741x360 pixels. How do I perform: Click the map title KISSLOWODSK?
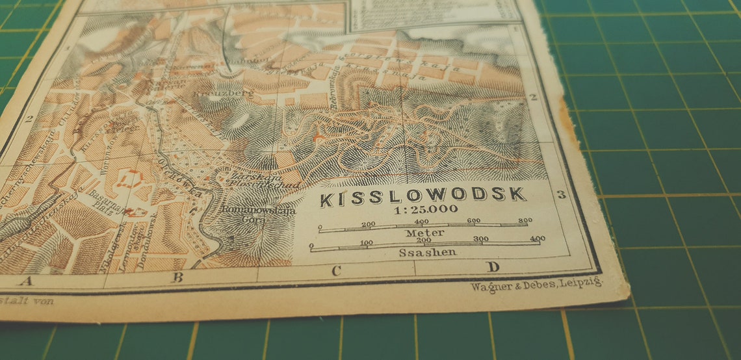[x=422, y=196]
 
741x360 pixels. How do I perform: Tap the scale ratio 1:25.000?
[x=424, y=209]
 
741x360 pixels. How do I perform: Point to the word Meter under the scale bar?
[x=424, y=233]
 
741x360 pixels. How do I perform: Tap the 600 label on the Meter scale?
[x=473, y=221]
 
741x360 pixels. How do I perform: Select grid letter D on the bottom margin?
[x=493, y=267]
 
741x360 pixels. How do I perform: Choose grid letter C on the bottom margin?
[x=336, y=271]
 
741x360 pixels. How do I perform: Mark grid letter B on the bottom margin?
[x=177, y=277]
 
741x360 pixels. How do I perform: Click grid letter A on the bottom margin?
[x=26, y=281]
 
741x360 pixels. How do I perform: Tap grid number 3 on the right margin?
[x=562, y=194]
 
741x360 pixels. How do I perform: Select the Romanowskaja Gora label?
[x=258, y=215]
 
